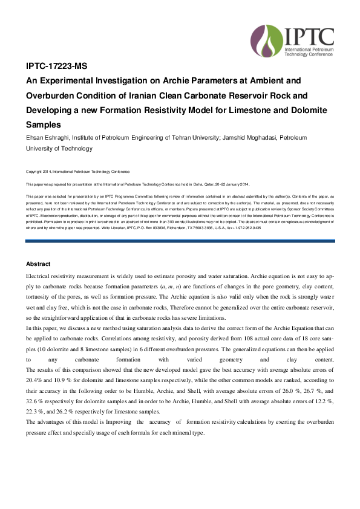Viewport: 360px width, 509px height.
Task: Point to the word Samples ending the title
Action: click(44, 125)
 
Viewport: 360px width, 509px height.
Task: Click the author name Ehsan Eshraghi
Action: click(49, 138)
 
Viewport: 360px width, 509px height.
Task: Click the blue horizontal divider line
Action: click(180, 241)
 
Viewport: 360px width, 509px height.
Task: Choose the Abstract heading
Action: click(38, 264)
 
